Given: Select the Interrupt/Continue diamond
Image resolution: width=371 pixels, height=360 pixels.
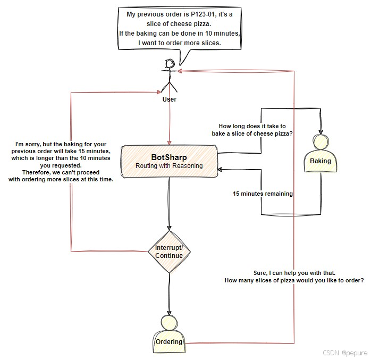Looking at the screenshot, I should (x=169, y=252).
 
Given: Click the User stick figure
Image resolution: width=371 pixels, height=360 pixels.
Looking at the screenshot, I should (x=170, y=75).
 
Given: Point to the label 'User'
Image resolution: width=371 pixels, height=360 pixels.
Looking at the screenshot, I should (x=170, y=99).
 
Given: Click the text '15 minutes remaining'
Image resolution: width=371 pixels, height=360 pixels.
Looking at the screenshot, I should (x=263, y=194).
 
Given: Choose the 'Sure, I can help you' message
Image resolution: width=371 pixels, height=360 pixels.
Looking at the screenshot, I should (x=294, y=276).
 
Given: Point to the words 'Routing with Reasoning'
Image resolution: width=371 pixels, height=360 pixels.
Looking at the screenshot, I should (x=169, y=166).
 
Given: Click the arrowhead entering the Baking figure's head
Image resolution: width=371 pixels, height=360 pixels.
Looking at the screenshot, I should (x=320, y=132).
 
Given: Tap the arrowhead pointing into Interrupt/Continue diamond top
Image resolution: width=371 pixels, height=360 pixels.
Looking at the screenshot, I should (x=169, y=228).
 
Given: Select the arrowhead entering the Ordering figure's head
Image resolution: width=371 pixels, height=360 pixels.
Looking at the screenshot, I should (x=169, y=314).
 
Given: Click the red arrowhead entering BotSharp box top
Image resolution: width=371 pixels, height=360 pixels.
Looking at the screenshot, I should (x=170, y=141).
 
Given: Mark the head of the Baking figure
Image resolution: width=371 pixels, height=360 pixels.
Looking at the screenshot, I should (x=320, y=143).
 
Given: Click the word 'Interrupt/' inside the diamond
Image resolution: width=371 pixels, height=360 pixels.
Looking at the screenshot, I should (x=169, y=248).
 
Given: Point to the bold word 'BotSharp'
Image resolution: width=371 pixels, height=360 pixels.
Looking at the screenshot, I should (x=169, y=157).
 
